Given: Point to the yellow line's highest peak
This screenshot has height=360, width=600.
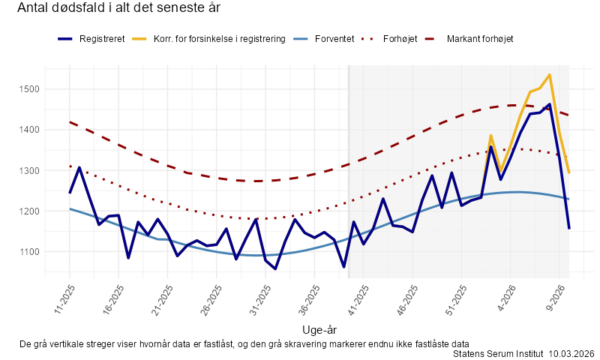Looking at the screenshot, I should [x=550, y=75].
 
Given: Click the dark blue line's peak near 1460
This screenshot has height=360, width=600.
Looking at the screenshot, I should [x=550, y=104].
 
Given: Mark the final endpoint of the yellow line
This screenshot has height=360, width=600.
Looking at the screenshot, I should [x=569, y=173].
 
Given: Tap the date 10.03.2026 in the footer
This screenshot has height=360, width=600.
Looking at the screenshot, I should [x=571, y=353].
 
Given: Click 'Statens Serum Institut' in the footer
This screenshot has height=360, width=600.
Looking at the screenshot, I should [x=499, y=353].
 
